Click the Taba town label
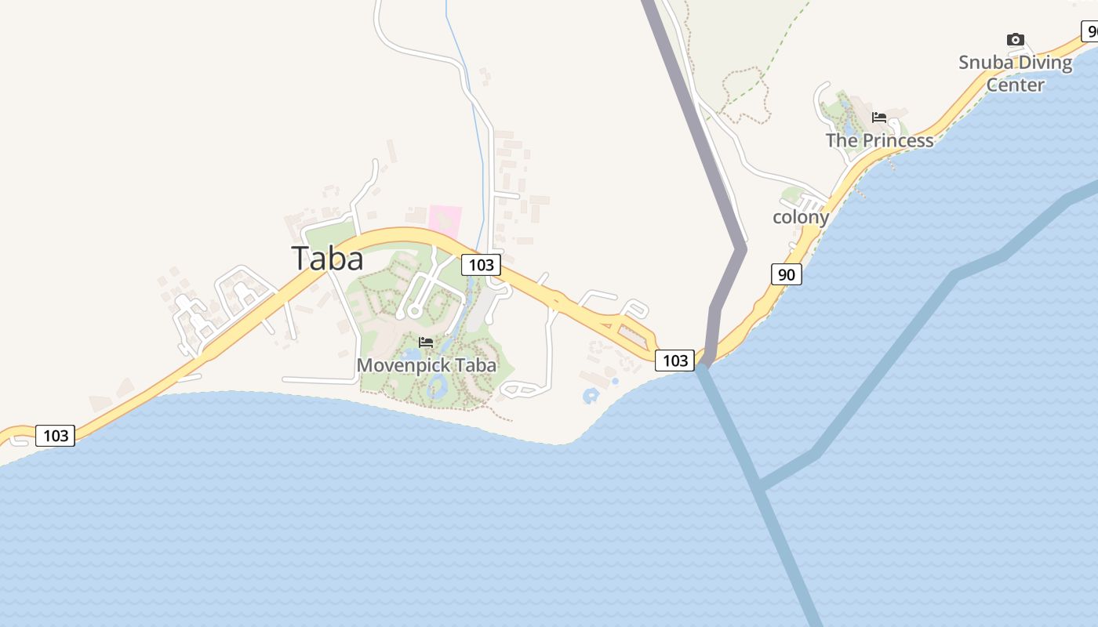(327, 259)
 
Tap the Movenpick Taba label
(426, 365)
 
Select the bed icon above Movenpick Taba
(426, 342)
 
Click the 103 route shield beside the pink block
(481, 265)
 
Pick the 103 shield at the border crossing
(674, 361)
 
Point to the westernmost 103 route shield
(56, 435)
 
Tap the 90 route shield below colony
(787, 274)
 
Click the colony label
(801, 217)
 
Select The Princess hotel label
(879, 141)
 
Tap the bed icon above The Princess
(879, 118)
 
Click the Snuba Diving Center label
(1015, 73)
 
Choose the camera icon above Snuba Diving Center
(1015, 39)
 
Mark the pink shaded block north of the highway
(445, 220)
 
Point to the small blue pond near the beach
(591, 396)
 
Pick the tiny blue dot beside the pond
(615, 381)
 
